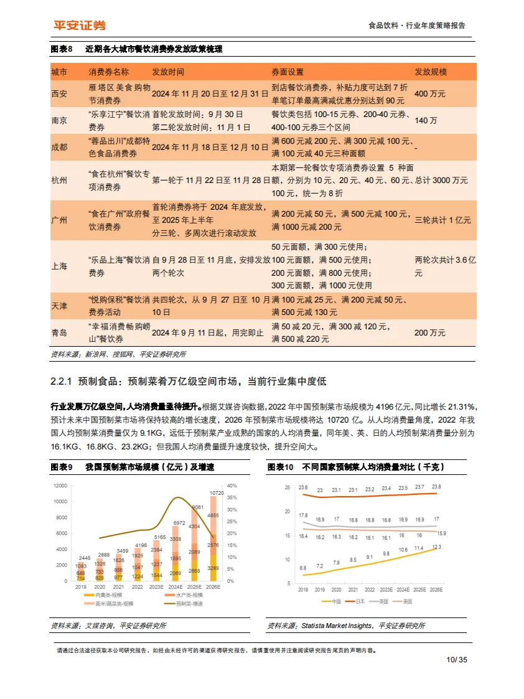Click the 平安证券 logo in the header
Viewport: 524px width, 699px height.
(78, 25)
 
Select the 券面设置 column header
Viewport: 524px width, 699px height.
(288, 72)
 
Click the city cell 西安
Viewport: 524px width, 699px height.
(59, 93)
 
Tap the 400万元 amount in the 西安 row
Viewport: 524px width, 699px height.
(429, 93)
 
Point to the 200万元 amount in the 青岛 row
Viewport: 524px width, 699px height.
(429, 333)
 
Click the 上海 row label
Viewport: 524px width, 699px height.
(59, 266)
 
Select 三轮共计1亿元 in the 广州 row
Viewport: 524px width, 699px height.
(442, 220)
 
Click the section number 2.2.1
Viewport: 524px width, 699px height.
(62, 380)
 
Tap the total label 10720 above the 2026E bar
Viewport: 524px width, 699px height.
(216, 493)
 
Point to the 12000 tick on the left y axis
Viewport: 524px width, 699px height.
(60, 486)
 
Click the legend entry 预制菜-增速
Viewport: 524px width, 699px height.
(190, 603)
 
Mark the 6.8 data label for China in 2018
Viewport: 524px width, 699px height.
(303, 568)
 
